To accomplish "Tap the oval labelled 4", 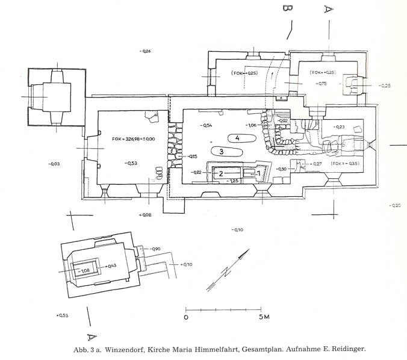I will click(238, 138).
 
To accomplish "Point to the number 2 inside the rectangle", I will click(221, 173).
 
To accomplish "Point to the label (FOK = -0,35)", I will click(344, 164).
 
